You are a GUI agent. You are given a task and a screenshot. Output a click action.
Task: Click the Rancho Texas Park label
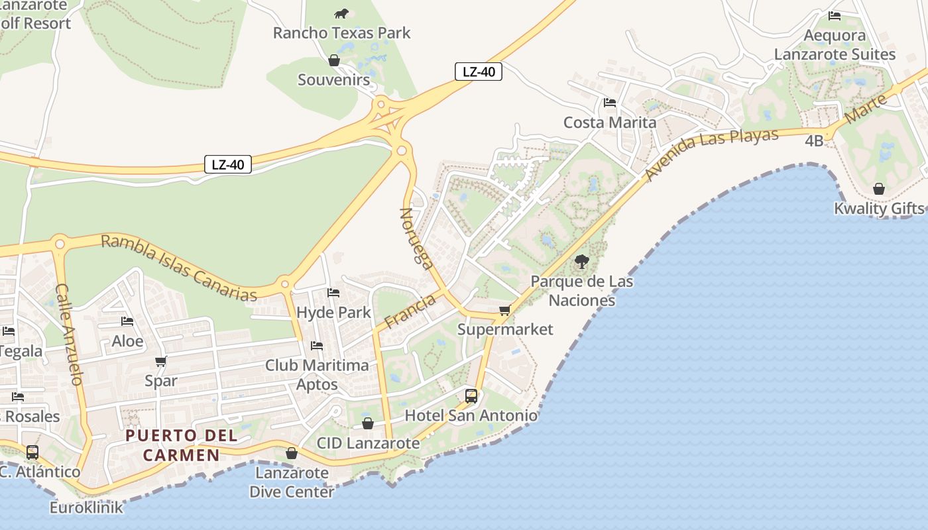(341, 32)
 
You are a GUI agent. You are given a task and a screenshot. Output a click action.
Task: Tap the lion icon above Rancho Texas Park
(341, 13)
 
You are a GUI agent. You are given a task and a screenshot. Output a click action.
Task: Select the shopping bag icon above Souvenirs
(334, 60)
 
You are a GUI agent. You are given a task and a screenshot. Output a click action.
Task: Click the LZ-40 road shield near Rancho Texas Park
(478, 72)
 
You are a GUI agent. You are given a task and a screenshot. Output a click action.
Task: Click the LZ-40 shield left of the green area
(227, 164)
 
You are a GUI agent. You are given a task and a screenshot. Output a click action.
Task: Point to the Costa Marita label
(609, 123)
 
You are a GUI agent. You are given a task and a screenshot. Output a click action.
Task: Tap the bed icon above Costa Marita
(609, 103)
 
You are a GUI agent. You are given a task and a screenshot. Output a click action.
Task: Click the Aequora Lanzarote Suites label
(835, 45)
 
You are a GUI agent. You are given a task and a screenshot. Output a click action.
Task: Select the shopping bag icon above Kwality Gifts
(878, 189)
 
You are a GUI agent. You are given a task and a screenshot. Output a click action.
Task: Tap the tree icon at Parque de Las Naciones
(581, 262)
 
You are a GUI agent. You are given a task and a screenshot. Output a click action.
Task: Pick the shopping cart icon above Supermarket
(504, 310)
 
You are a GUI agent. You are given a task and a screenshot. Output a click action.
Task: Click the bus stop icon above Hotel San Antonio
(471, 396)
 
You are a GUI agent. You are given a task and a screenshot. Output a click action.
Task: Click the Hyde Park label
(333, 312)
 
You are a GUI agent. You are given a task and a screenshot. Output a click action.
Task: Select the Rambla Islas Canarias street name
(178, 268)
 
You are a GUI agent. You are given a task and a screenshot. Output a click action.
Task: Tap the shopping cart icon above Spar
(160, 362)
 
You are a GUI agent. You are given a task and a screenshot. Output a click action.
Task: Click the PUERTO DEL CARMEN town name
(181, 445)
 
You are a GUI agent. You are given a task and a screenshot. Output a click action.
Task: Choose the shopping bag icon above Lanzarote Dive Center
(291, 453)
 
